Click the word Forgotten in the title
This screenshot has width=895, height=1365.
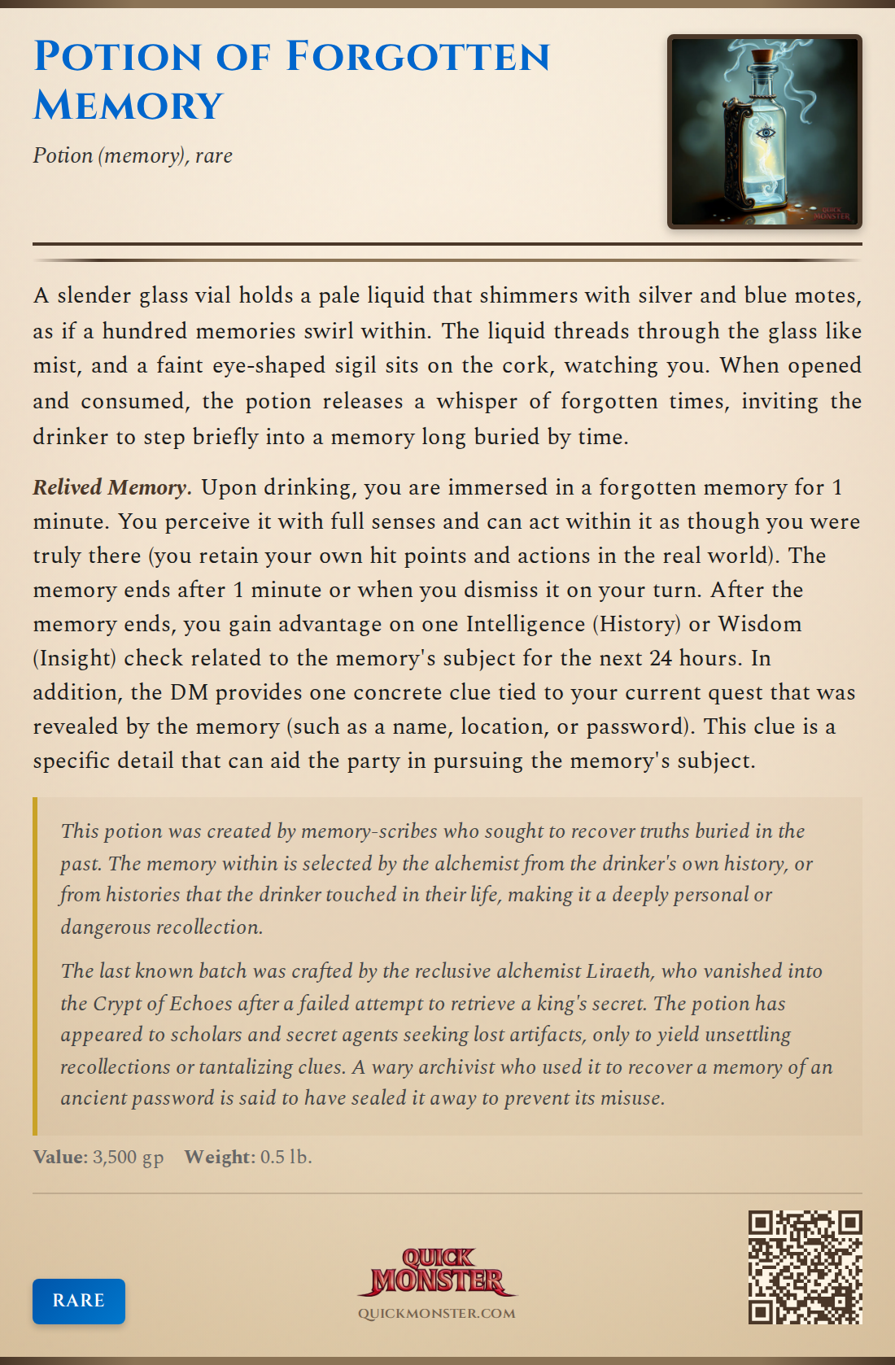click(418, 57)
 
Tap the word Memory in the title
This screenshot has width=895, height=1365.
click(128, 106)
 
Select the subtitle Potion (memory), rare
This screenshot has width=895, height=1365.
click(133, 155)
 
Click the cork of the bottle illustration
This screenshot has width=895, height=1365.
click(762, 62)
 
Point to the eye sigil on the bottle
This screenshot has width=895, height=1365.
click(765, 133)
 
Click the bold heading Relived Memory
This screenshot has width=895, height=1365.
click(111, 487)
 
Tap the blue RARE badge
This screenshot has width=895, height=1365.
click(79, 1300)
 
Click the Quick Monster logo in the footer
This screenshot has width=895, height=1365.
click(437, 1271)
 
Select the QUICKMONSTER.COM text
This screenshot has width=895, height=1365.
click(437, 1313)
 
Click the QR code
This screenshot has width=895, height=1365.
click(805, 1267)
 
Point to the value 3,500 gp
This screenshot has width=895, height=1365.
click(128, 1157)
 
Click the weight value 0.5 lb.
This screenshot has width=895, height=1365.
click(286, 1157)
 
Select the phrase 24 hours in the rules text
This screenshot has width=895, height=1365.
click(699, 658)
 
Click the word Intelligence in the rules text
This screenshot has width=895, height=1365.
click(526, 624)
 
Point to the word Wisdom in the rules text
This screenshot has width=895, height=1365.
click(760, 624)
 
